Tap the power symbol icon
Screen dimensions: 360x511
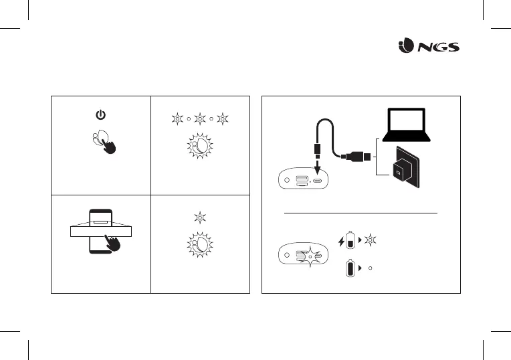[x=100, y=115]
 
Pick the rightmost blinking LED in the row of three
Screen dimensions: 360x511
[x=222, y=119]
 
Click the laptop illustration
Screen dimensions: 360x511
[x=407, y=126]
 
